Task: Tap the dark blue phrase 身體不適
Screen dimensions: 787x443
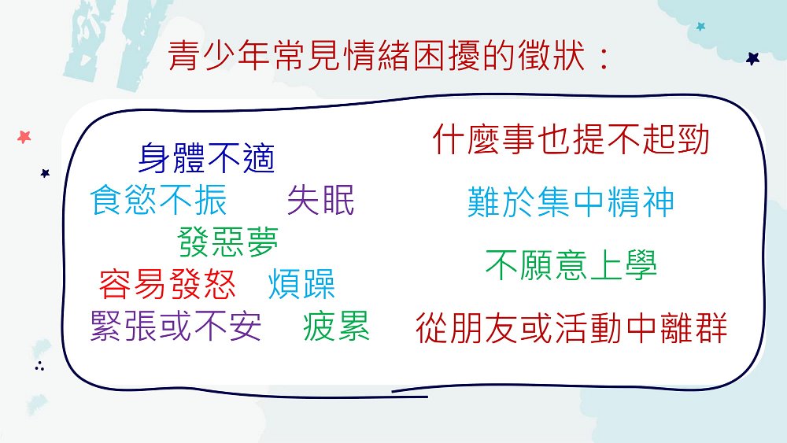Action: [x=206, y=158]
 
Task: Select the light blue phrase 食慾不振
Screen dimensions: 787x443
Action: [x=159, y=200]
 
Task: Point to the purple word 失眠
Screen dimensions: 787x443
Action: [x=321, y=200]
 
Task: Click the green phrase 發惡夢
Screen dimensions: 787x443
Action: [x=228, y=242]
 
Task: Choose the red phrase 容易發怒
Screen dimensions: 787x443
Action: [x=167, y=284]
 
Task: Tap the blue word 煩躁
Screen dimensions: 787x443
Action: [x=301, y=284]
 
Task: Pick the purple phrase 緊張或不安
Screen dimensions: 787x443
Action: [x=176, y=326]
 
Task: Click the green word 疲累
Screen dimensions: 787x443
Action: [x=336, y=326]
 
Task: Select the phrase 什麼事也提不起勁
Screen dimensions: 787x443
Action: [x=571, y=139]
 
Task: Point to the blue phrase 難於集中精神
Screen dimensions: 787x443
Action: [x=571, y=202]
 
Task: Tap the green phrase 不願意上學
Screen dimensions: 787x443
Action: [x=571, y=265]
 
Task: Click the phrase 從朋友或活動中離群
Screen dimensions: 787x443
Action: [x=571, y=327]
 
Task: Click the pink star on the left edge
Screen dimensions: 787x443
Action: [x=24, y=136]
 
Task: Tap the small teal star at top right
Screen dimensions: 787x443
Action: [x=700, y=26]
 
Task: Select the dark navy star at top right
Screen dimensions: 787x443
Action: [x=752, y=59]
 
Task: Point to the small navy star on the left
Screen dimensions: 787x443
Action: [x=45, y=173]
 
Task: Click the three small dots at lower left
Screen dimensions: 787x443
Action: [x=39, y=366]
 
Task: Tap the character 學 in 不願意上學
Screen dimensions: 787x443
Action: [x=641, y=265]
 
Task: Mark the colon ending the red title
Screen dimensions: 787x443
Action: [x=604, y=57]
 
